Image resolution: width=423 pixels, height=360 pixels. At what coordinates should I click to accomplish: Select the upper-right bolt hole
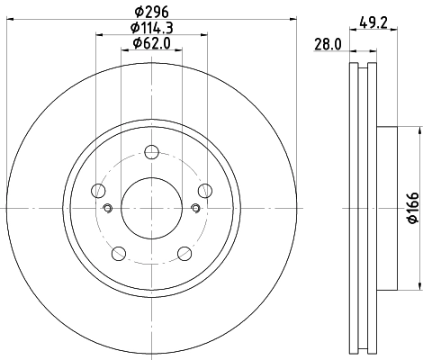click(x=205, y=189)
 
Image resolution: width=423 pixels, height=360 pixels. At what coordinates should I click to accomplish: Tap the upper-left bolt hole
click(x=98, y=189)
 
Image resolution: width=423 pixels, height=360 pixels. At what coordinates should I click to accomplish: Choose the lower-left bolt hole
click(x=119, y=252)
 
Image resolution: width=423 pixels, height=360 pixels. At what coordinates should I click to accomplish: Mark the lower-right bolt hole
click(x=184, y=252)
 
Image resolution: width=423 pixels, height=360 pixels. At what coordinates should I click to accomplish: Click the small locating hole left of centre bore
click(x=107, y=209)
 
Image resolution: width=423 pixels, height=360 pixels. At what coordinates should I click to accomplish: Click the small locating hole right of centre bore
click(x=196, y=209)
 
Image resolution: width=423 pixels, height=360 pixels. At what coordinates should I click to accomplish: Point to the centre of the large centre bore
click(x=152, y=209)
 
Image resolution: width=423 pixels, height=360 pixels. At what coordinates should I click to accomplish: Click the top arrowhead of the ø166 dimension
click(x=419, y=130)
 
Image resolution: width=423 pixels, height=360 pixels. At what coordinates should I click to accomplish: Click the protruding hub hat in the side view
click(x=385, y=209)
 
